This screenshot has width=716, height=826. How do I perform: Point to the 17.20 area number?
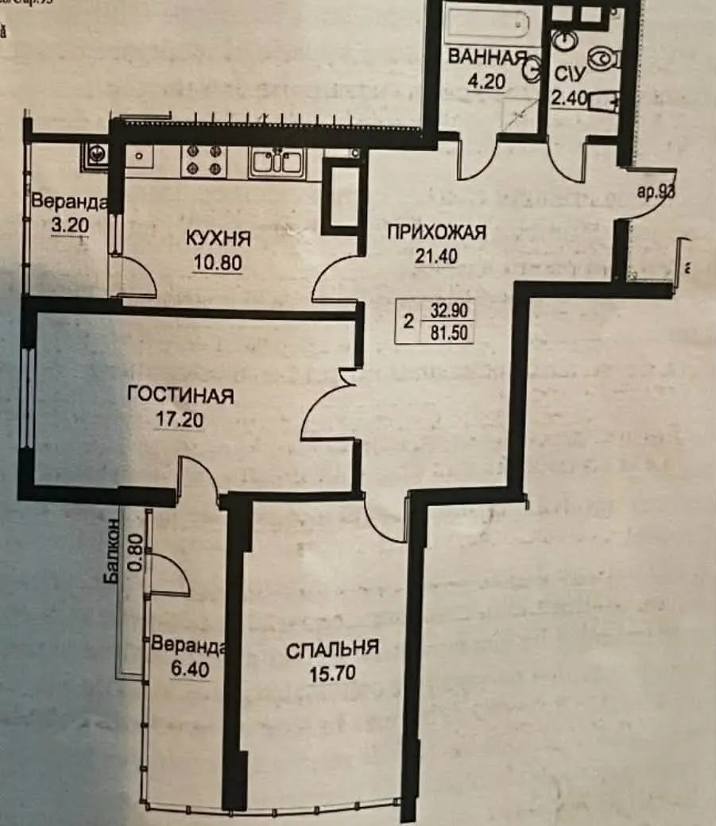180,419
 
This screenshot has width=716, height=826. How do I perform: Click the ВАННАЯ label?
487,57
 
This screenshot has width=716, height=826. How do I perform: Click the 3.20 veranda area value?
67,226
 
